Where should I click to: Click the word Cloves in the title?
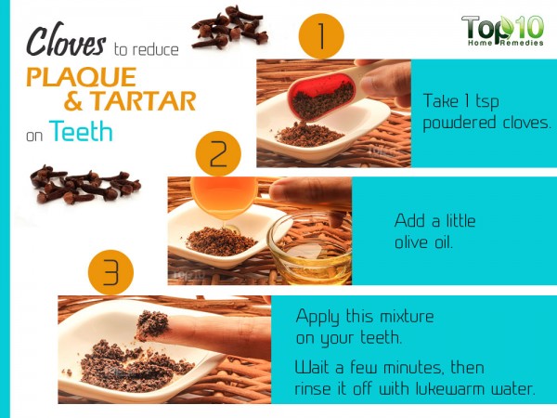point(66,40)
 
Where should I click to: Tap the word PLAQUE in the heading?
point(82,77)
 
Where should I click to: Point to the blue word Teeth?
point(81,131)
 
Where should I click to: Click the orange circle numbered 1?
point(321,36)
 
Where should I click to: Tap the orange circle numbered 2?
point(218,154)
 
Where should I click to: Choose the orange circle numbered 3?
point(110,272)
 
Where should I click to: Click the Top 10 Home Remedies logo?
point(502,31)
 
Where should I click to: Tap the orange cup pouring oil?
point(224,196)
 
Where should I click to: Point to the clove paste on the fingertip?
point(152,324)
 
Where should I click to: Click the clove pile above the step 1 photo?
point(229,27)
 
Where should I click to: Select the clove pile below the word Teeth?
point(85,185)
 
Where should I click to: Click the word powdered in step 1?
point(459,124)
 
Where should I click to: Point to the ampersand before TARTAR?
point(74,101)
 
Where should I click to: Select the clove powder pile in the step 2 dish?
point(221,242)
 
